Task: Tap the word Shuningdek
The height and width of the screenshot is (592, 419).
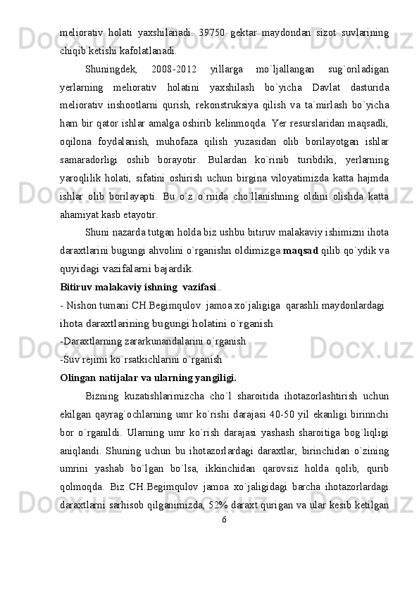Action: coord(106,70)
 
